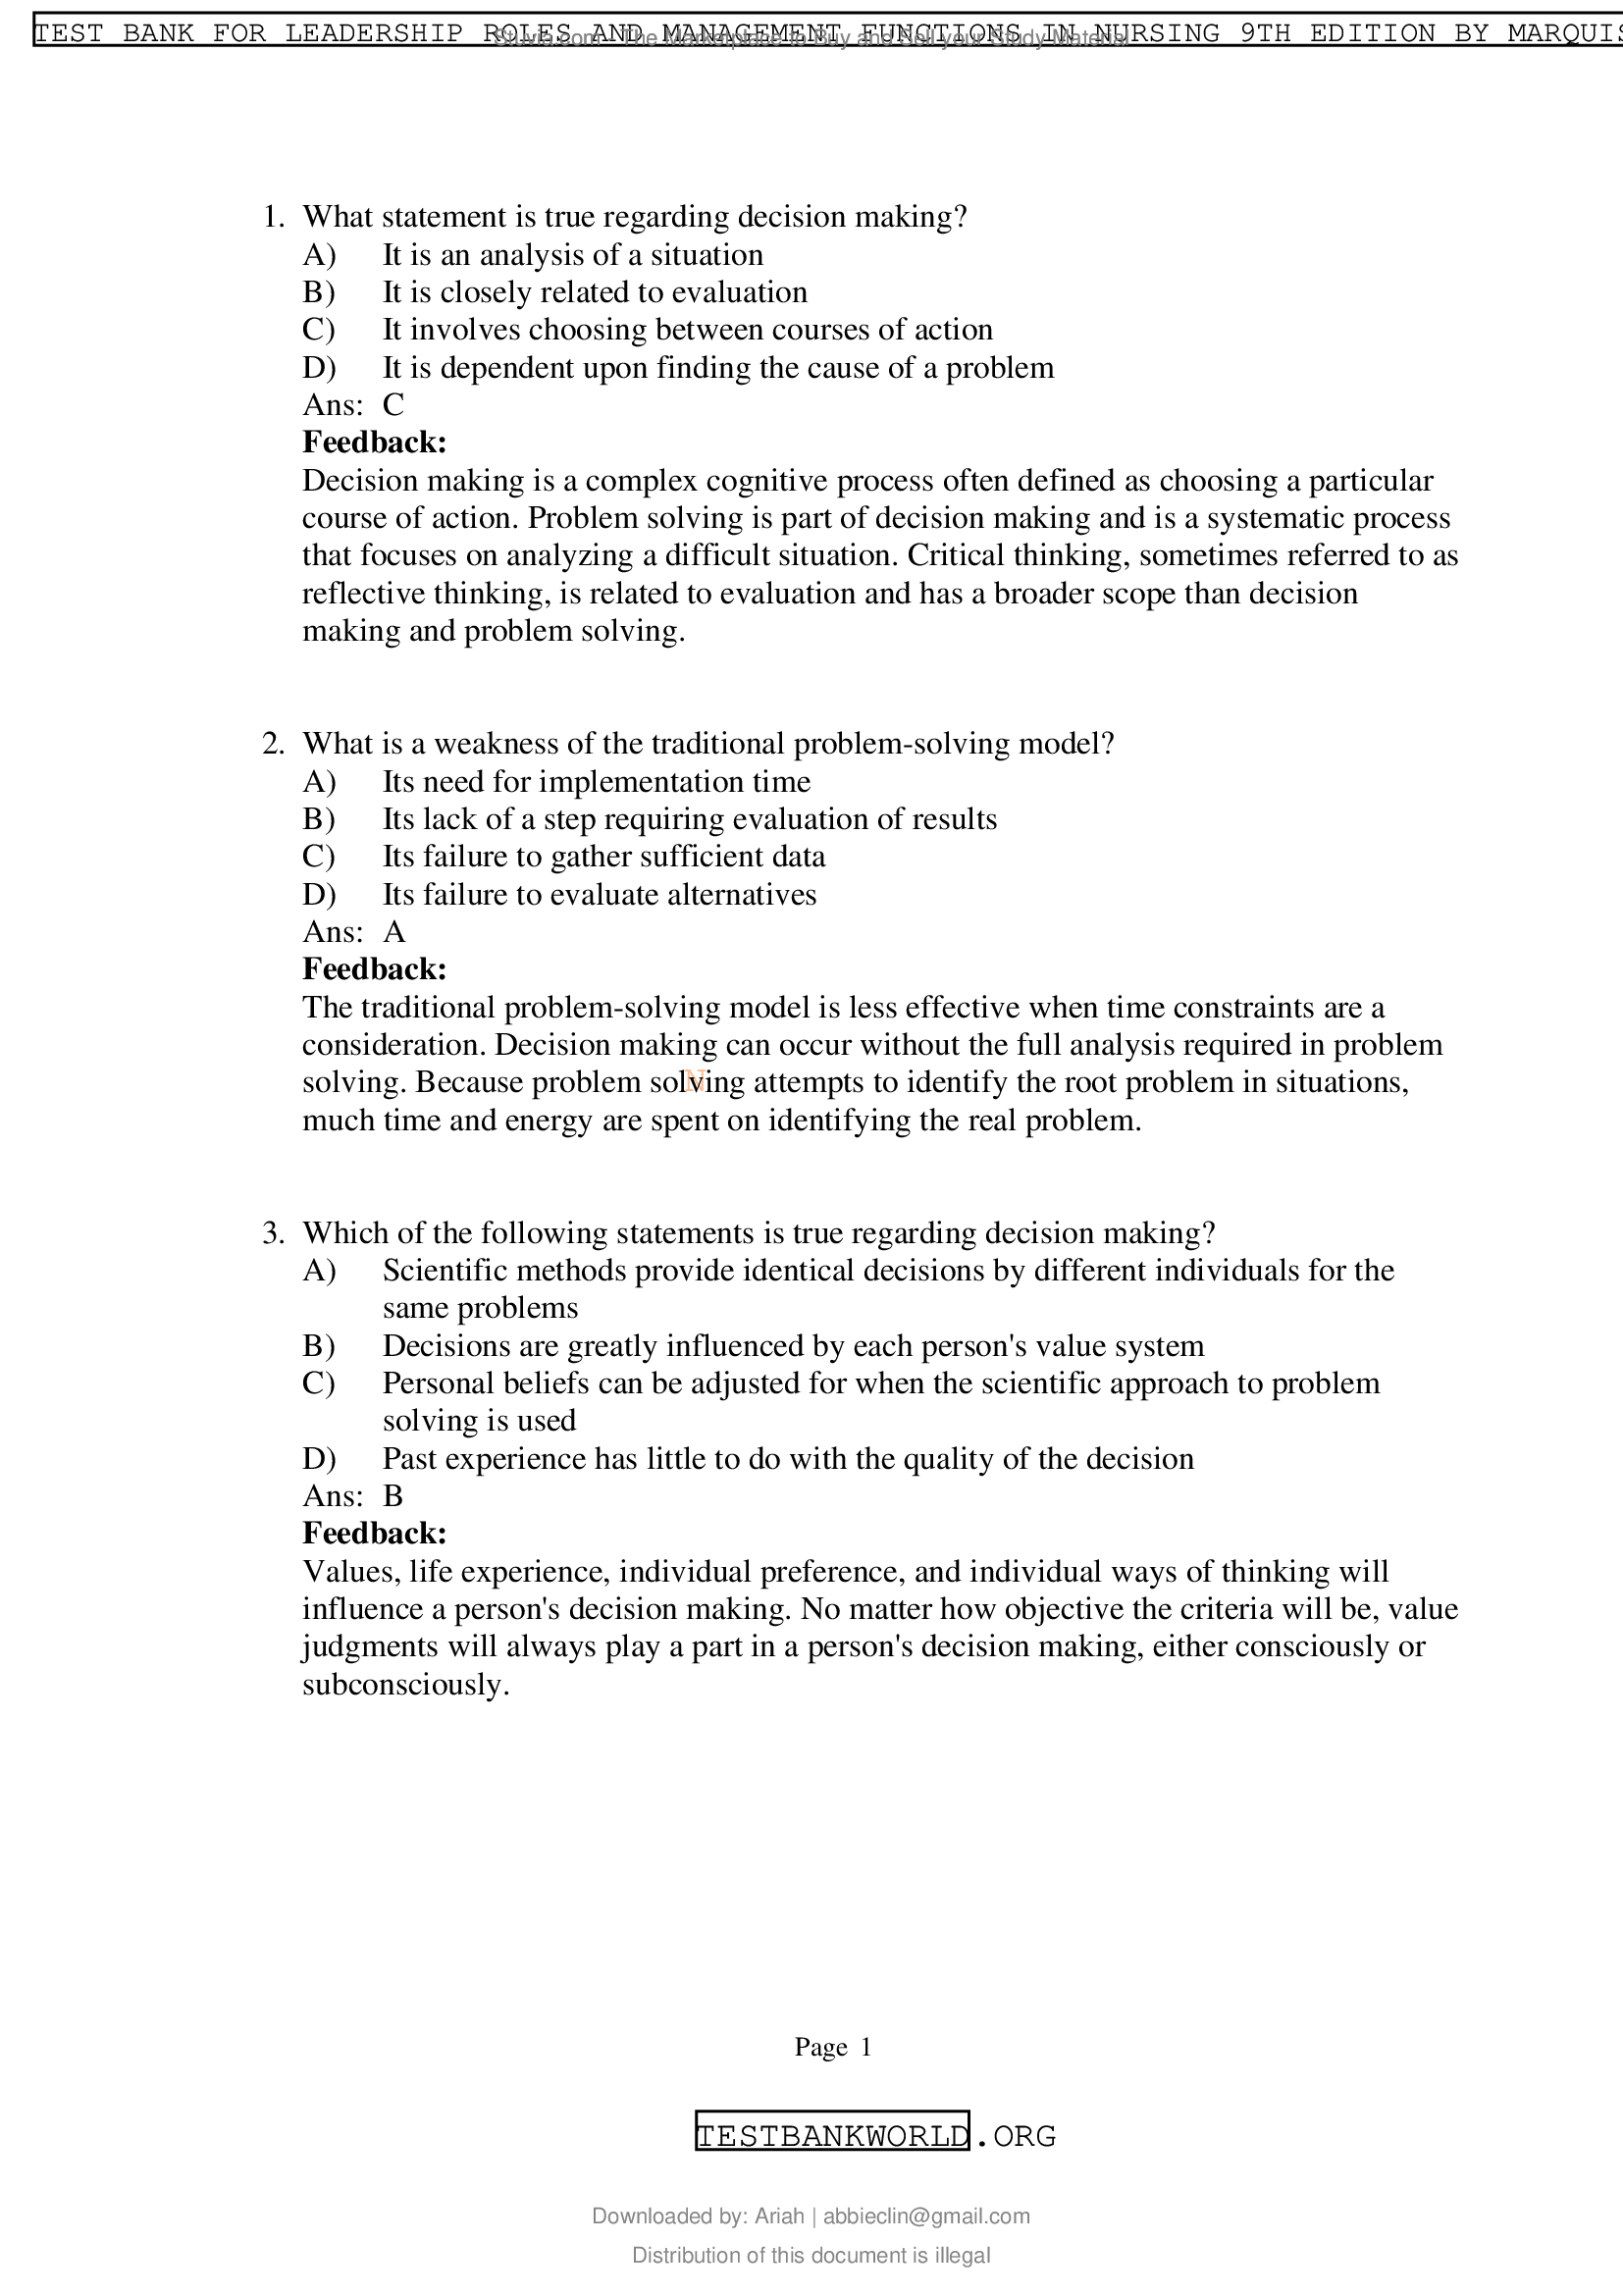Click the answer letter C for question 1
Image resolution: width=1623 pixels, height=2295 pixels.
pos(393,405)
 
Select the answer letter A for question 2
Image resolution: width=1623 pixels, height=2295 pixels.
pos(394,931)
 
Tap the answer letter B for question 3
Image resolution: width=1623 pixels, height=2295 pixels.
pos(393,1495)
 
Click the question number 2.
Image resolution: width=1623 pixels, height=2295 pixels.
pos(273,744)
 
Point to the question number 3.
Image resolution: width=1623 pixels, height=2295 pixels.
pos(273,1232)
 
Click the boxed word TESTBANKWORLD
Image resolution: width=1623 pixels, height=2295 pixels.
pos(831,2136)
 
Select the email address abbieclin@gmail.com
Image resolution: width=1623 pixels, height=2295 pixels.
pos(925,2217)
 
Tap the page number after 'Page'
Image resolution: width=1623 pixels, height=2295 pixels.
pos(865,2047)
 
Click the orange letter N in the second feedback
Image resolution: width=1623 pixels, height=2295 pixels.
pos(695,1079)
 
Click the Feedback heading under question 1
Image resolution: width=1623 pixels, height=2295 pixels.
pos(374,442)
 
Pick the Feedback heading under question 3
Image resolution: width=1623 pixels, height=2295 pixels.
pos(374,1534)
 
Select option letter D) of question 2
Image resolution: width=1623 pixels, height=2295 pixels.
pos(319,895)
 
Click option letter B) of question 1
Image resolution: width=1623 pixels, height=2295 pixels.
pos(319,291)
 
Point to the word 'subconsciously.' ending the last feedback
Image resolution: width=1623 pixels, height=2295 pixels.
pos(406,1685)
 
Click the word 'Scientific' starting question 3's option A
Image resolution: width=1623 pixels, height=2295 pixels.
pos(441,1271)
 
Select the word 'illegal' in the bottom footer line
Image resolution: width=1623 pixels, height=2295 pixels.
pos(963,2255)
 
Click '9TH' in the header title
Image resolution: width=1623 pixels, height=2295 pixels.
pos(1265,33)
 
